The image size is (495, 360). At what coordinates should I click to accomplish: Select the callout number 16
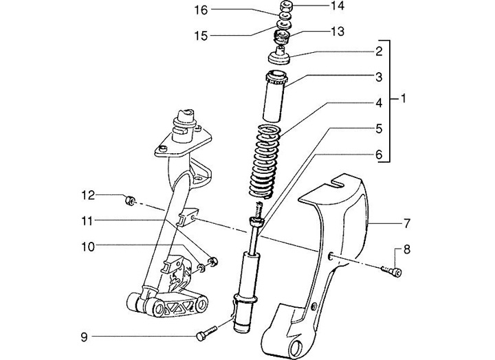tap(201, 10)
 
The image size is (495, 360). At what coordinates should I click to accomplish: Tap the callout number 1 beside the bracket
tap(404, 99)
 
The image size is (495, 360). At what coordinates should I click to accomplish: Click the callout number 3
tap(378, 77)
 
